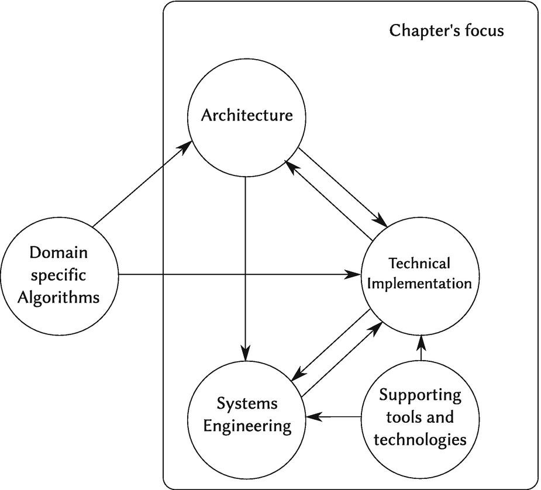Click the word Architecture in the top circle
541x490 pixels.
(x=246, y=115)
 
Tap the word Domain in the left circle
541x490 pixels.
(x=58, y=253)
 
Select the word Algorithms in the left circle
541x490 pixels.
(x=58, y=297)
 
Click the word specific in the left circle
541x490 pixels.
(x=58, y=275)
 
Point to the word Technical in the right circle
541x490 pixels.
(x=419, y=263)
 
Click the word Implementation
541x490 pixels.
(x=421, y=284)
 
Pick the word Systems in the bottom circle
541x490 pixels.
(x=247, y=403)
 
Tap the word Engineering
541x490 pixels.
(x=247, y=426)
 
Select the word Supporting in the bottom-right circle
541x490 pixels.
(x=420, y=395)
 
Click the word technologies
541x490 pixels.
(x=420, y=439)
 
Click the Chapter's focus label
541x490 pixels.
(x=446, y=30)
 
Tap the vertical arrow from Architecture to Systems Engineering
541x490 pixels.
(x=246, y=263)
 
